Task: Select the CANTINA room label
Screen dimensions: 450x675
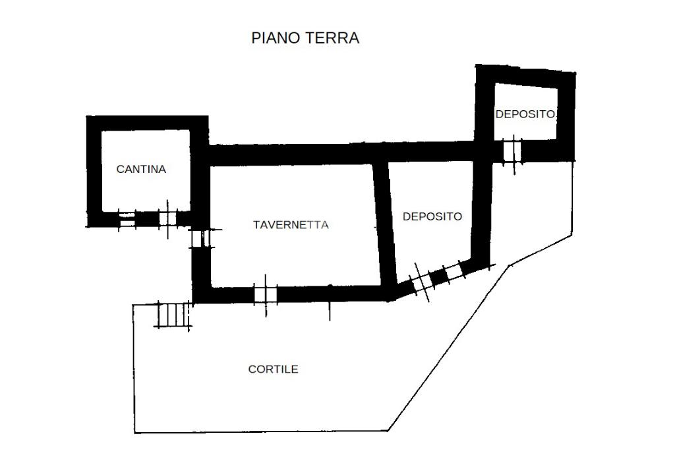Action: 141,169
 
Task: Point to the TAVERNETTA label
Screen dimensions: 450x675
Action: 291,225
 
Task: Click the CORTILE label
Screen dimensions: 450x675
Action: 273,370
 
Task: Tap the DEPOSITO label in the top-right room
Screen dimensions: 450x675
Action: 525,114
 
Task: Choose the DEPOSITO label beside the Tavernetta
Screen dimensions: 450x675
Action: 432,216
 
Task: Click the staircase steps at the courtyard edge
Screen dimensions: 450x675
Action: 173,315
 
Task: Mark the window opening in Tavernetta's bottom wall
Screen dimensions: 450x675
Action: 266,294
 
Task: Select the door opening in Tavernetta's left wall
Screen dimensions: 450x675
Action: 200,238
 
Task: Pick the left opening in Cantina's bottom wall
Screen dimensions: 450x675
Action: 127,219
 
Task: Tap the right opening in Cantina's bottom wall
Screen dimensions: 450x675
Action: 168,218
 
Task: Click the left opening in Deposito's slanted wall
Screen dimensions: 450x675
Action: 421,282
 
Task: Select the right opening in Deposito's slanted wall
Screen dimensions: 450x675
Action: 454,270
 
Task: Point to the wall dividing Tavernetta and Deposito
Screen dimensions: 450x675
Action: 384,224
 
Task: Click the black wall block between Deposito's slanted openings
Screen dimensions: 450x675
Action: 437,276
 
